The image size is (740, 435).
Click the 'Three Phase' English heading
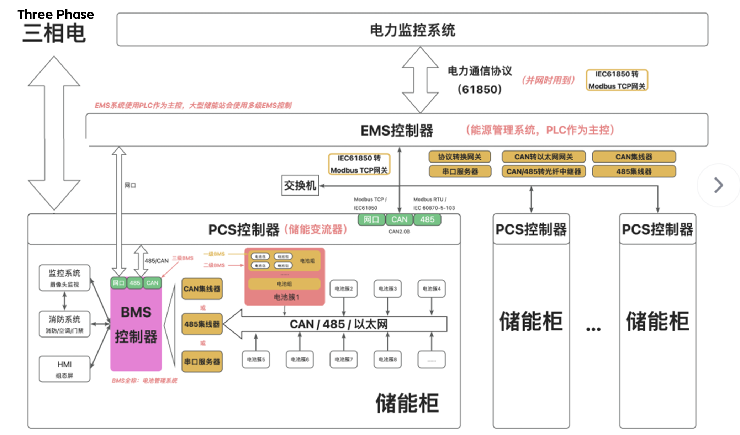(x=55, y=14)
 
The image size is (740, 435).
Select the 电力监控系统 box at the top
(x=412, y=30)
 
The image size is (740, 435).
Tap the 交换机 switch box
(x=300, y=185)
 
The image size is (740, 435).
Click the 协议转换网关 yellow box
(x=459, y=157)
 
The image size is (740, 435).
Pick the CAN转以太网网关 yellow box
(x=543, y=157)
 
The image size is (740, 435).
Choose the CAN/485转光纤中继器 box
(x=543, y=171)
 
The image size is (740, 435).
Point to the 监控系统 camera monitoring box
(x=64, y=278)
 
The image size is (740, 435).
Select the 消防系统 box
(x=64, y=324)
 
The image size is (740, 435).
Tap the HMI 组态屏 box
(x=64, y=369)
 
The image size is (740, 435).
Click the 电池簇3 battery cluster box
(x=387, y=288)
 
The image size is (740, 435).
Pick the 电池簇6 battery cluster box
(x=300, y=360)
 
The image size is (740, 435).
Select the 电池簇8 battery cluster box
(x=387, y=360)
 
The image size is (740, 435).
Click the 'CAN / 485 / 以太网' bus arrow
(x=338, y=324)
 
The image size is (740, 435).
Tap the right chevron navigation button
(x=718, y=185)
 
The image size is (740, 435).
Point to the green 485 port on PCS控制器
(x=427, y=219)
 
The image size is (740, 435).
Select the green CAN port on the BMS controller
(x=152, y=283)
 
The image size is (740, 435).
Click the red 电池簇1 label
(x=286, y=297)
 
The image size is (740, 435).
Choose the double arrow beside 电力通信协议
(x=420, y=80)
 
